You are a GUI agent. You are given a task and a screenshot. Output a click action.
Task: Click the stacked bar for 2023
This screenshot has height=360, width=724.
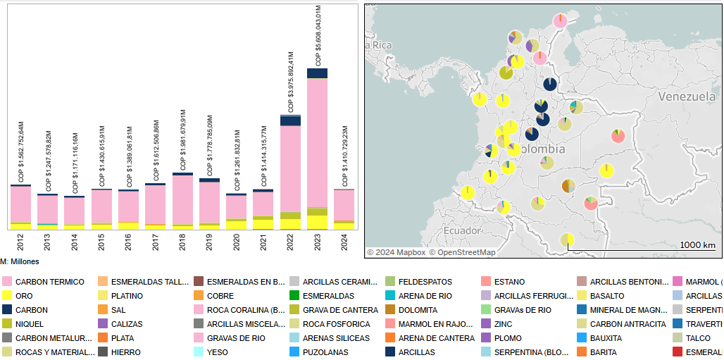317,148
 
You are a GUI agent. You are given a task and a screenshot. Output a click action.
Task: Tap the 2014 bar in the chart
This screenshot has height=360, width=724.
74,212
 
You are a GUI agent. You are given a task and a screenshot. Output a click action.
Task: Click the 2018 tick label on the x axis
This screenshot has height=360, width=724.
182,242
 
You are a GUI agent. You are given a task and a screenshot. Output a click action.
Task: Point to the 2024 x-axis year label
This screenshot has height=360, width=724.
344,242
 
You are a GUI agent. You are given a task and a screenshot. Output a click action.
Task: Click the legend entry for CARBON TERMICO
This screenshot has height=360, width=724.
49,282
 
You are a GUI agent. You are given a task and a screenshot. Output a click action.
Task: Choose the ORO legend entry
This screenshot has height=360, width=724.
24,296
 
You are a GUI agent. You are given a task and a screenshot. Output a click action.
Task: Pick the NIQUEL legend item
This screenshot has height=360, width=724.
30,324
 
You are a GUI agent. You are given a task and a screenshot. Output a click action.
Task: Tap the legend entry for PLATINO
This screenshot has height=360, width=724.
127,296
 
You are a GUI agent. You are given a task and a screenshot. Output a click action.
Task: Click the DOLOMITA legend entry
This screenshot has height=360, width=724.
418,310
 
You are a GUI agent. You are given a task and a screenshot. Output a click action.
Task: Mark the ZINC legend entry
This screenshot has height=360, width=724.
504,324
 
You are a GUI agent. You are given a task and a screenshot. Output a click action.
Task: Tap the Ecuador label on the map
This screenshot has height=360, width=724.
462,230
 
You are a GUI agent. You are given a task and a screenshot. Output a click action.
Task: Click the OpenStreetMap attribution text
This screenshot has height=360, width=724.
467,252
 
